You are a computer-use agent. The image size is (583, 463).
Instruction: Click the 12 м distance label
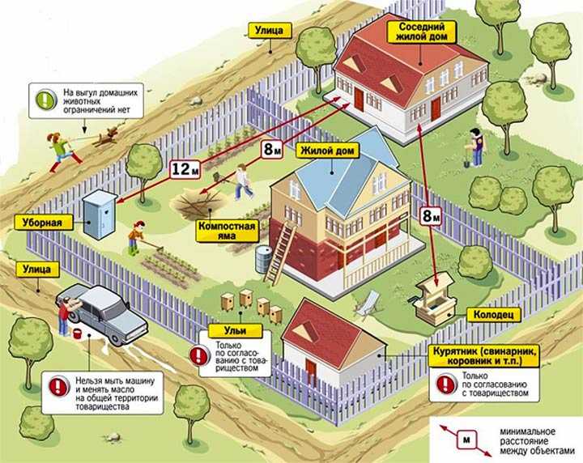click(x=185, y=169)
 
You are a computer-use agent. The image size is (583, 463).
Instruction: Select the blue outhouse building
click(x=99, y=214)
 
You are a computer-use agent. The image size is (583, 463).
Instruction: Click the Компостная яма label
click(x=227, y=231)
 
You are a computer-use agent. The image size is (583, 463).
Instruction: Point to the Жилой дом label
click(x=327, y=151)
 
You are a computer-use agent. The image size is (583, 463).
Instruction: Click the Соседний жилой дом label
click(x=422, y=32)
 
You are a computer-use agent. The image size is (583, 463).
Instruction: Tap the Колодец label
click(x=493, y=315)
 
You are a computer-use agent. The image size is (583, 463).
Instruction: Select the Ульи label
click(x=235, y=331)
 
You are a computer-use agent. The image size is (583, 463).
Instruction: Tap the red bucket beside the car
click(x=77, y=333)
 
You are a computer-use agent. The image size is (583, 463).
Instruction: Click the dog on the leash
click(x=107, y=136)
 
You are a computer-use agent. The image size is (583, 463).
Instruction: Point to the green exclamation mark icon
click(x=45, y=100)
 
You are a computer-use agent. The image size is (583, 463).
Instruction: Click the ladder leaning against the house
click(x=279, y=252)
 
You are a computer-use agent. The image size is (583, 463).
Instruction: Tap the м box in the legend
click(x=466, y=440)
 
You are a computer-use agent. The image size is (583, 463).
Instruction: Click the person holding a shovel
click(x=475, y=147)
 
